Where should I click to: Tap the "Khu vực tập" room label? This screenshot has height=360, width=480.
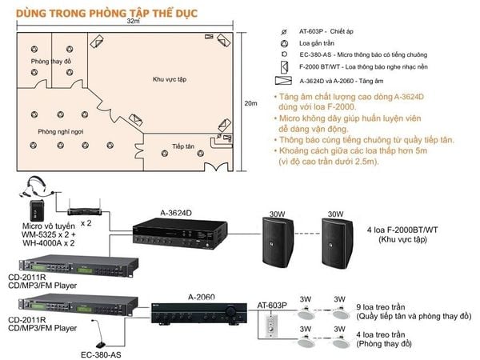click(170, 80)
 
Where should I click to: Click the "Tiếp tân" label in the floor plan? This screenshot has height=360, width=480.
click(183, 147)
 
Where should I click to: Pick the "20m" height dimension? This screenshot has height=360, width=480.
click(250, 103)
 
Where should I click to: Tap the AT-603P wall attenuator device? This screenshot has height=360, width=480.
click(269, 327)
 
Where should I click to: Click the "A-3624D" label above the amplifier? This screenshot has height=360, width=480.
click(177, 213)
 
